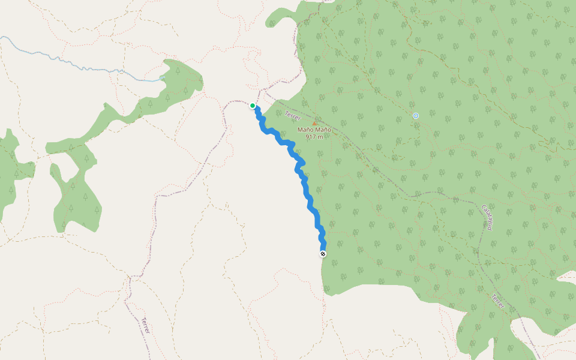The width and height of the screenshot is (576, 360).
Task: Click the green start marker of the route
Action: click(x=253, y=106)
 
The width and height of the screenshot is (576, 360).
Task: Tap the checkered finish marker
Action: click(x=323, y=254)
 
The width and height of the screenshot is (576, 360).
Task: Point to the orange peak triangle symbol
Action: click(x=314, y=123)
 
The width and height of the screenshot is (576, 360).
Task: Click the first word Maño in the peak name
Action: click(x=305, y=130)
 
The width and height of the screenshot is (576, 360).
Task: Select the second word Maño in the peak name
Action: click(x=323, y=130)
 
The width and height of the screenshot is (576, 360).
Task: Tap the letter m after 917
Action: click(x=321, y=137)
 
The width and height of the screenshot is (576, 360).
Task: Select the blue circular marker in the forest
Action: click(x=416, y=115)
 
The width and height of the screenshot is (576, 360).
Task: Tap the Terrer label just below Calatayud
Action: click(x=498, y=302)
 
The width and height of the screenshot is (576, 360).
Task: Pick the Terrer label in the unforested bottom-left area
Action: click(x=145, y=325)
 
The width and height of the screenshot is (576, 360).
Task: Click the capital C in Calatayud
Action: click(x=483, y=208)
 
